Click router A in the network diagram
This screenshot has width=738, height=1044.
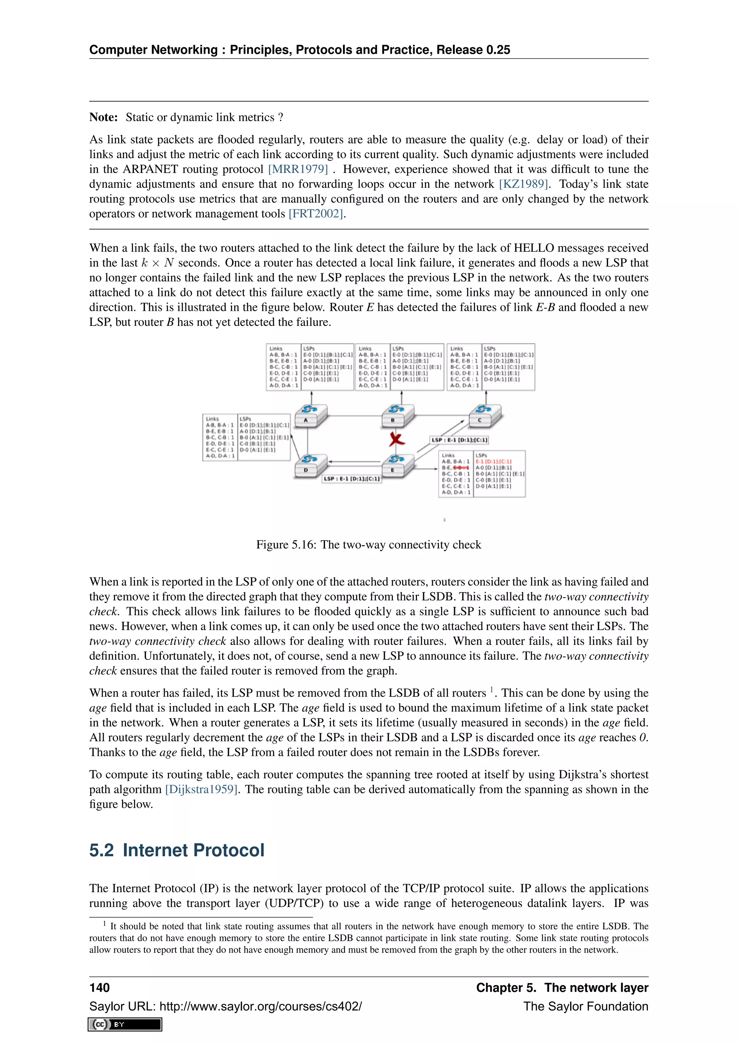(311, 415)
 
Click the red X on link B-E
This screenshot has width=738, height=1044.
(397, 439)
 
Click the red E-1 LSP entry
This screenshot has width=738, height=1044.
(493, 461)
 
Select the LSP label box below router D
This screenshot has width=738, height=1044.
(352, 479)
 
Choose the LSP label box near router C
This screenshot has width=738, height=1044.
(459, 440)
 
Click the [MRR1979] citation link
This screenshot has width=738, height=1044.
(298, 169)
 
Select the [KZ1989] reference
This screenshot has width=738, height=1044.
(524, 184)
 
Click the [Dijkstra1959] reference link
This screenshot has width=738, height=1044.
(202, 789)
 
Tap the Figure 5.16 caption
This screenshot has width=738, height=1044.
(369, 545)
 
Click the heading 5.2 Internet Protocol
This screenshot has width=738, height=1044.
(177, 850)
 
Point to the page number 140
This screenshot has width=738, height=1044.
(99, 988)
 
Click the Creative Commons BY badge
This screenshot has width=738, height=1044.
(125, 1025)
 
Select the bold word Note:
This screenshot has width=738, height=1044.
(104, 117)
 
